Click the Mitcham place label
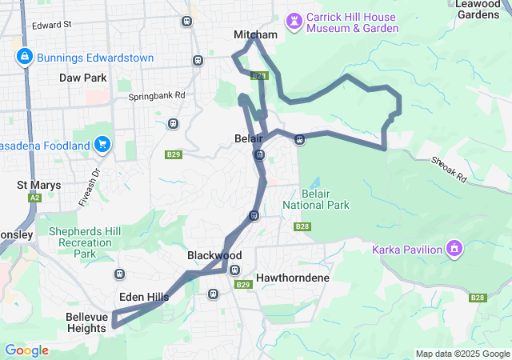[255, 35]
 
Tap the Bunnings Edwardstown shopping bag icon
[24, 56]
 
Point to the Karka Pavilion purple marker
[454, 249]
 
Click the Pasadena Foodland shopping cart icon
[102, 145]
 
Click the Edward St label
[52, 26]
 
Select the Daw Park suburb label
[82, 78]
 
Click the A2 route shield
[34, 198]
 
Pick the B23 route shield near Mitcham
[258, 76]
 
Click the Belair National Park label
[316, 199]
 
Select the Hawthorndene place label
[293, 278]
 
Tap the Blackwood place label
[214, 255]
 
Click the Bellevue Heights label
[86, 322]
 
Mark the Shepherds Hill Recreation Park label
[84, 242]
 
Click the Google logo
[26, 350]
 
